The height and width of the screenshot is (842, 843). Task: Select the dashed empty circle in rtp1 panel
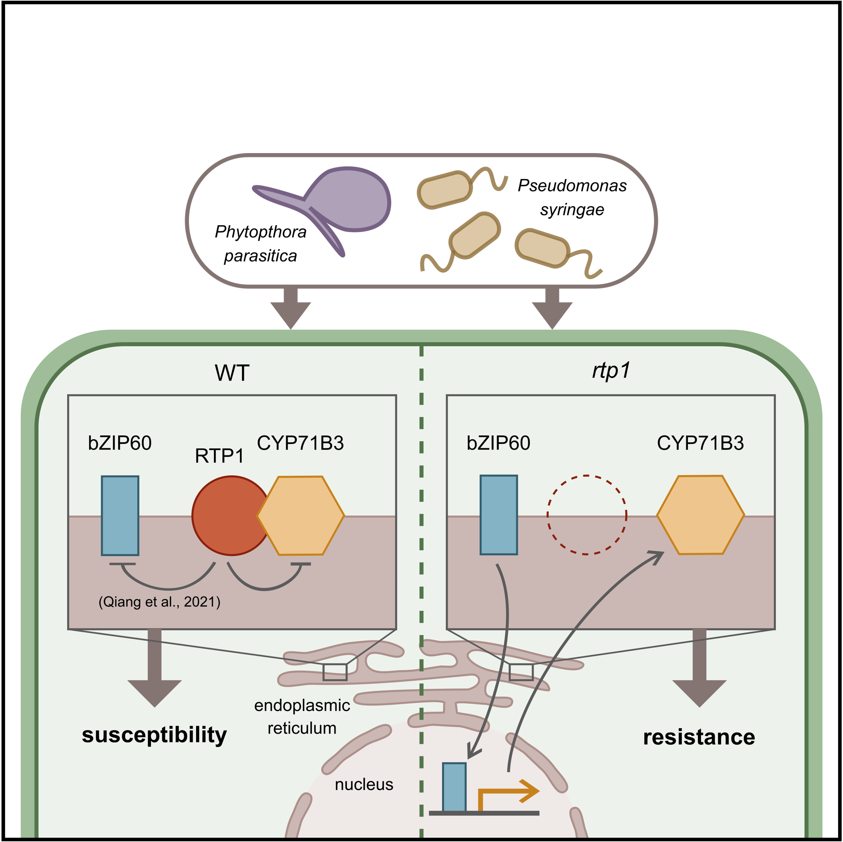tap(587, 515)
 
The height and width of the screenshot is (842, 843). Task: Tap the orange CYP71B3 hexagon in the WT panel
tap(301, 516)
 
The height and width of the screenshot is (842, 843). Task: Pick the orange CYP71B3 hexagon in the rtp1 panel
tap(700, 515)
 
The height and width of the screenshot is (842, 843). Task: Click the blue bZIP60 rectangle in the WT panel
tap(120, 516)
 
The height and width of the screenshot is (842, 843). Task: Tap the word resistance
tap(699, 737)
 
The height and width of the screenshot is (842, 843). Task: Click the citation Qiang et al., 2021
tap(159, 602)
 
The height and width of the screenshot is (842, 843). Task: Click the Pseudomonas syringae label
tap(572, 197)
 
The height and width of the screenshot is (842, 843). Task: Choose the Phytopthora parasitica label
tap(260, 244)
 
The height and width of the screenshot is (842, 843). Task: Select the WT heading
tap(232, 373)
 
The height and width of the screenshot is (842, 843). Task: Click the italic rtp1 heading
tap(611, 371)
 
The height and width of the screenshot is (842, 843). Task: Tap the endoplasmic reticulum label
tap(302, 717)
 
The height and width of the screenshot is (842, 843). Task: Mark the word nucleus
tap(364, 784)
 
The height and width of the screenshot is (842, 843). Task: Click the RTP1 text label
tap(219, 456)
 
